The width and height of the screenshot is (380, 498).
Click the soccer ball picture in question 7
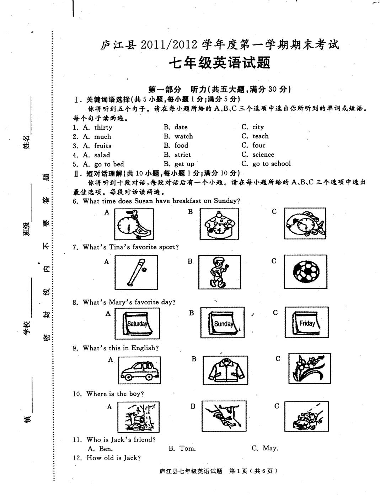click(305, 273)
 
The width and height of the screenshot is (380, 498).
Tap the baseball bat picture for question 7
click(136, 273)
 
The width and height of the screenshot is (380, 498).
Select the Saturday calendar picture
click(137, 323)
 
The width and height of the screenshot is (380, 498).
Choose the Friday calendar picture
click(306, 323)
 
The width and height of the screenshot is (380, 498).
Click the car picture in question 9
click(139, 370)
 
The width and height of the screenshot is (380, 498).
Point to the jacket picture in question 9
click(227, 370)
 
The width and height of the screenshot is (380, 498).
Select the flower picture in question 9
click(309, 368)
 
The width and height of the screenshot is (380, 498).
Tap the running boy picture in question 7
click(219, 272)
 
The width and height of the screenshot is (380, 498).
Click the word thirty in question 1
click(103, 128)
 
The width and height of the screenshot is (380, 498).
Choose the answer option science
click(263, 155)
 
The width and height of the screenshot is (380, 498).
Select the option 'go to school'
click(271, 164)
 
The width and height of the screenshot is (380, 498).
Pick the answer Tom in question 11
click(187, 449)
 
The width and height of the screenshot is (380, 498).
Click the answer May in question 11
click(270, 448)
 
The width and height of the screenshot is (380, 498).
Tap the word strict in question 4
click(182, 155)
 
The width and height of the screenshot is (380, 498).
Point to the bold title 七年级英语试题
click(219, 63)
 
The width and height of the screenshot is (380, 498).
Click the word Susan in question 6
click(144, 201)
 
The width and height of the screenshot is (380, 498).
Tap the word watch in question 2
click(183, 136)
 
